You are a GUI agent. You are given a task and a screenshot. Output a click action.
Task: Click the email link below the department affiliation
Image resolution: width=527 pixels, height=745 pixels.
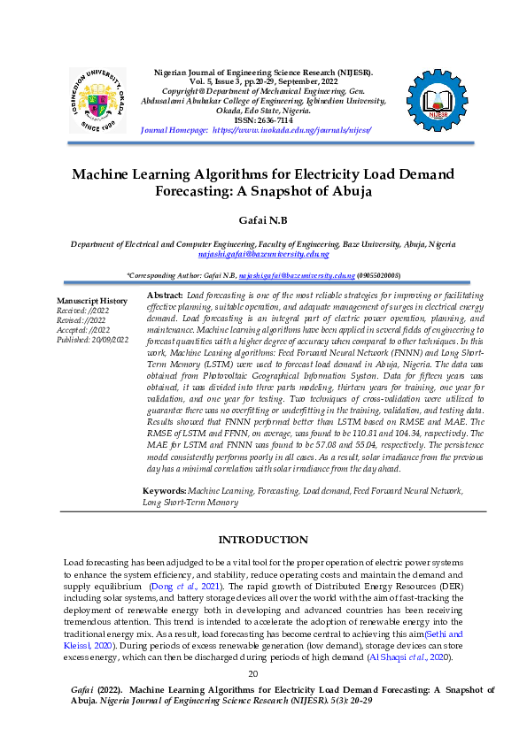[x=263, y=253]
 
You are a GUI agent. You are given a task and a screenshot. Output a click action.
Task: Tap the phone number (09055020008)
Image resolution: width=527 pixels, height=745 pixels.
[x=378, y=276]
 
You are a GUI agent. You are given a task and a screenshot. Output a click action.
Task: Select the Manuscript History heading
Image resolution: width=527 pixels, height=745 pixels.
[x=92, y=301]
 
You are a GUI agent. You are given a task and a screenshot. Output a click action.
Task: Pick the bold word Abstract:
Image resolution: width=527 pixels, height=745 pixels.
[x=164, y=294]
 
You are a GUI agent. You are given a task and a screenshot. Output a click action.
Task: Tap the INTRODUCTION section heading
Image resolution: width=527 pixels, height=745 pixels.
[x=263, y=540]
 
